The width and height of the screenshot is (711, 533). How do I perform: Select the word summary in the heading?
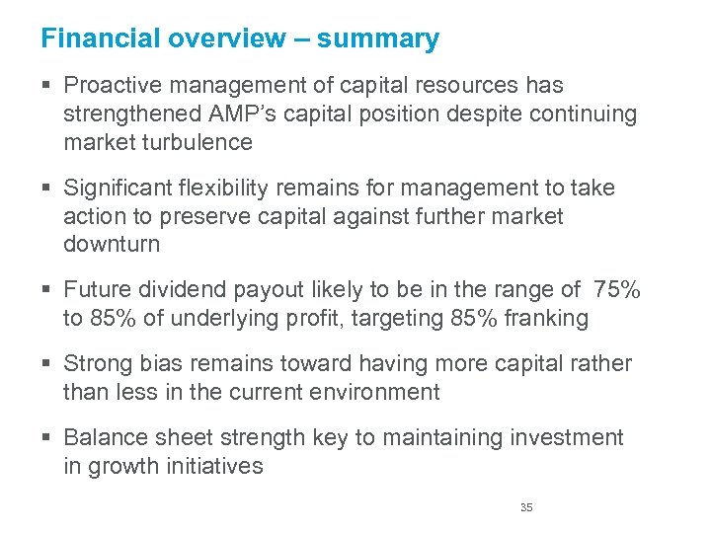378,39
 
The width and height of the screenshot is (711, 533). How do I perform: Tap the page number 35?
526,507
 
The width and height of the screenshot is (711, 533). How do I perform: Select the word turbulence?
201,142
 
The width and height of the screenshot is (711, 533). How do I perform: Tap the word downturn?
111,244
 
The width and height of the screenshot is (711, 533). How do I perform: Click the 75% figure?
616,289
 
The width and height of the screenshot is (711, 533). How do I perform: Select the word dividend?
178,289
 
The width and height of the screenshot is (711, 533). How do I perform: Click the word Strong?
96,363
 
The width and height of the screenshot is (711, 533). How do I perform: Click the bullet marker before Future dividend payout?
48,289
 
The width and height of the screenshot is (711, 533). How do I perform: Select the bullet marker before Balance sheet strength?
48,437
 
